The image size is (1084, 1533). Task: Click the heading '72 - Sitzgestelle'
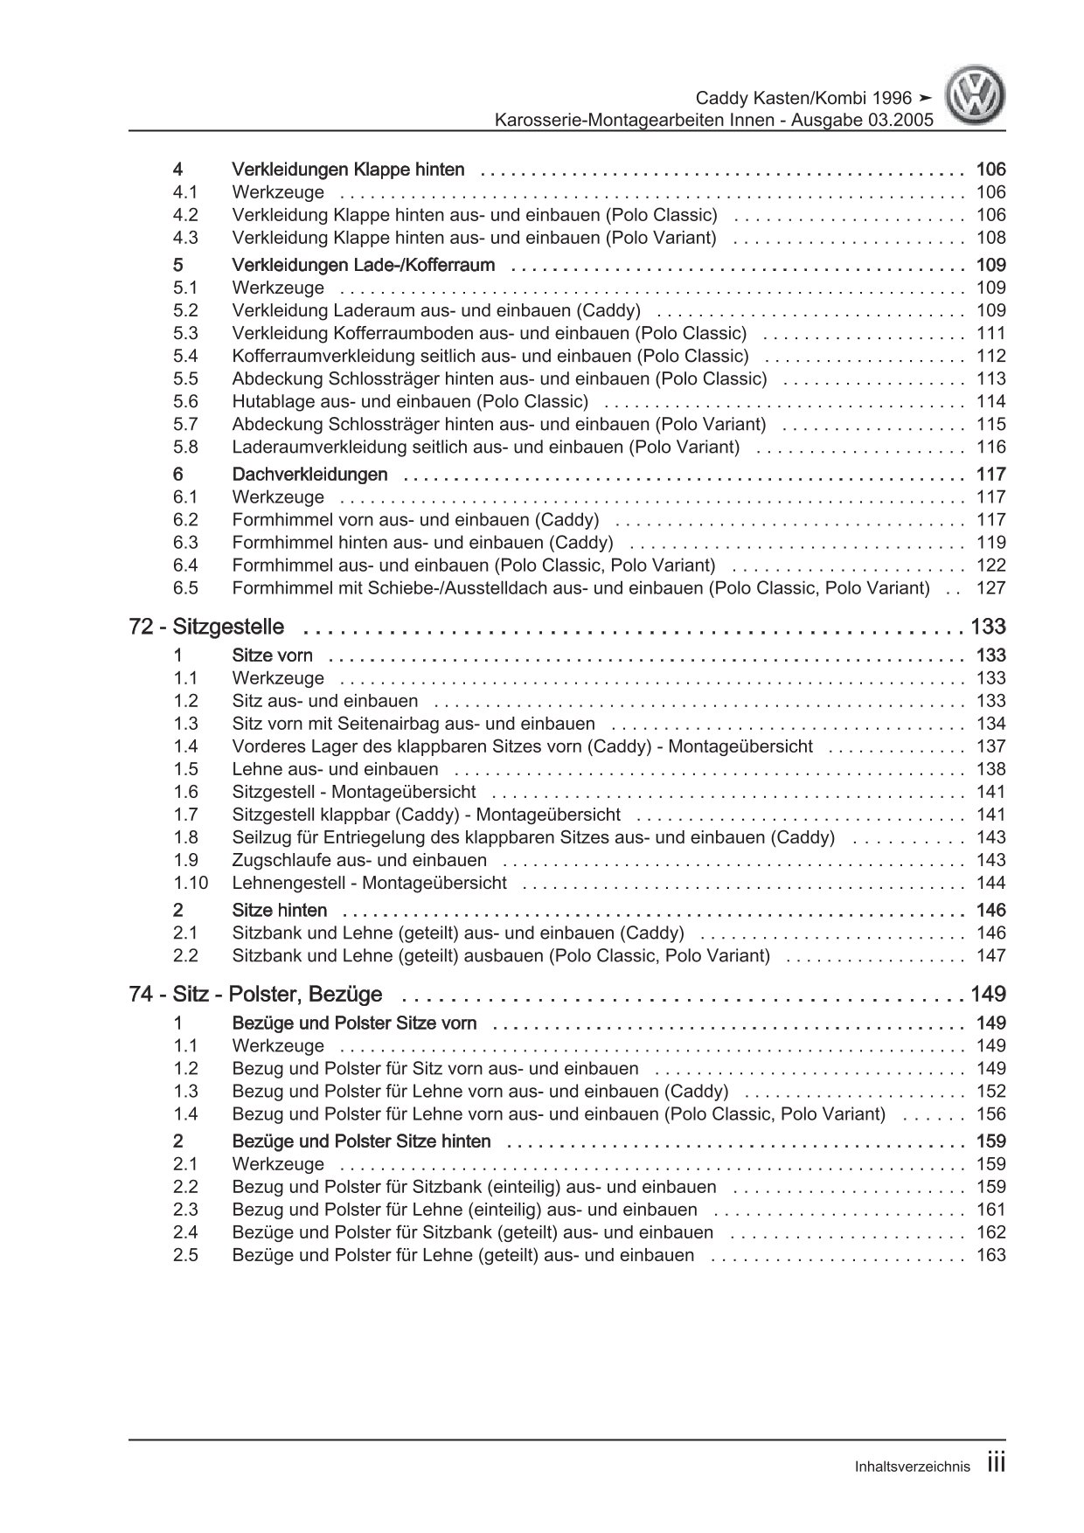click(206, 627)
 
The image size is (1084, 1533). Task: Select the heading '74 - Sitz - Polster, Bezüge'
click(255, 994)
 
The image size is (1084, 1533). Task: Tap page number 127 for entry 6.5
click(991, 588)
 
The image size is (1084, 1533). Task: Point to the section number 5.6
click(185, 401)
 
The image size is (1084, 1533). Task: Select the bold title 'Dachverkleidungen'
click(309, 475)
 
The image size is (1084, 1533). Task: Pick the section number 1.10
click(191, 883)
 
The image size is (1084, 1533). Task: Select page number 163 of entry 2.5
click(991, 1255)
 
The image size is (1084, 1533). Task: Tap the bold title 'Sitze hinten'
click(280, 910)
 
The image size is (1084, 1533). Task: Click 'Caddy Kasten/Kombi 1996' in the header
click(803, 98)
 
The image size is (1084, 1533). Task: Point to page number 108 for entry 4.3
click(991, 238)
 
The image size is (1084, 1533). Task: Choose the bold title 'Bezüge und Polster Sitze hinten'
click(361, 1141)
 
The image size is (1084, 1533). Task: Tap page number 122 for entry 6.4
click(991, 565)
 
